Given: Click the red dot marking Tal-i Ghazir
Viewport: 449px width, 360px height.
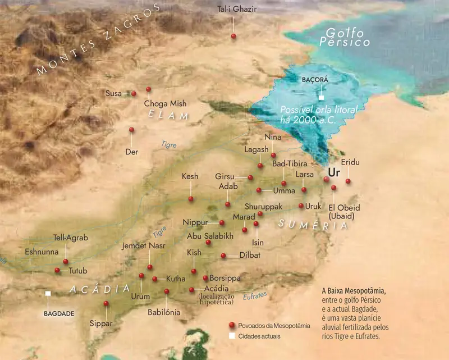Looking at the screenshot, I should point(233,36).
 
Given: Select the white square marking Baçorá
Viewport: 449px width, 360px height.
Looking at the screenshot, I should point(321,98).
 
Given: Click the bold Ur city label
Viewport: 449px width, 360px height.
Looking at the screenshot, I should point(334,171).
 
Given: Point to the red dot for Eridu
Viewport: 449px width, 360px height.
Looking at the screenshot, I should point(348,181).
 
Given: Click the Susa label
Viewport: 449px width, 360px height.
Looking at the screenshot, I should point(113,93).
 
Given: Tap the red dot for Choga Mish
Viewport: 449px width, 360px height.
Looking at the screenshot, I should point(148,89).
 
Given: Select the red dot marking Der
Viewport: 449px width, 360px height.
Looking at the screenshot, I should point(131,130).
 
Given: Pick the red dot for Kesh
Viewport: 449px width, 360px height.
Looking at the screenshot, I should point(191,199).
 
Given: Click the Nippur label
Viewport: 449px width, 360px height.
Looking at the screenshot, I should point(195,222).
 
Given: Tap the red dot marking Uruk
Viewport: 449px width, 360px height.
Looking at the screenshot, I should point(301,206).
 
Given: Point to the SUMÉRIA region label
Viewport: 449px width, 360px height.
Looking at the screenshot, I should point(312,224).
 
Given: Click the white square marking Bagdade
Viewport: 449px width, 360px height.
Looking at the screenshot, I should point(48,293).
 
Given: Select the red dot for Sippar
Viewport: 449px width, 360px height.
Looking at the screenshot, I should point(106,304).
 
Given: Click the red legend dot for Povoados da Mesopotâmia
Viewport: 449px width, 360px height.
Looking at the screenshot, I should point(231,326).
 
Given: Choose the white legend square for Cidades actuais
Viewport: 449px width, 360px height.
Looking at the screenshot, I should point(231,336).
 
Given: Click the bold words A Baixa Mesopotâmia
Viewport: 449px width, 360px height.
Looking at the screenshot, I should point(354,291).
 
